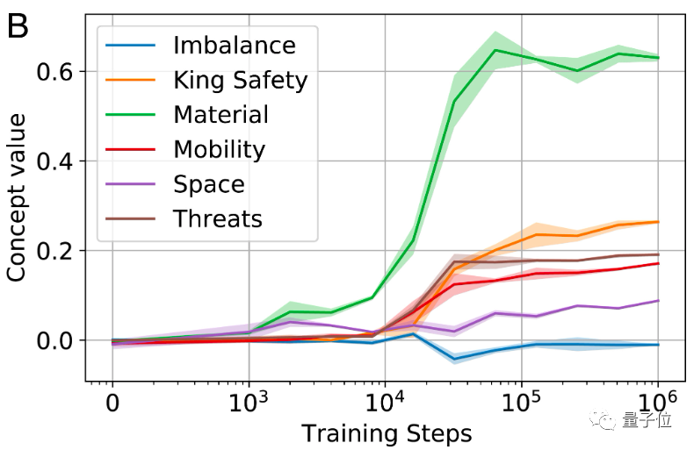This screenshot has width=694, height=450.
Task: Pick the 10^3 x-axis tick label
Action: pos(249,404)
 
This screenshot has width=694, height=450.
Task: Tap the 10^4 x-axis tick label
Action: pos(385,404)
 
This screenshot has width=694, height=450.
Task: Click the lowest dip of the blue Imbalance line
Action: pos(454,359)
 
